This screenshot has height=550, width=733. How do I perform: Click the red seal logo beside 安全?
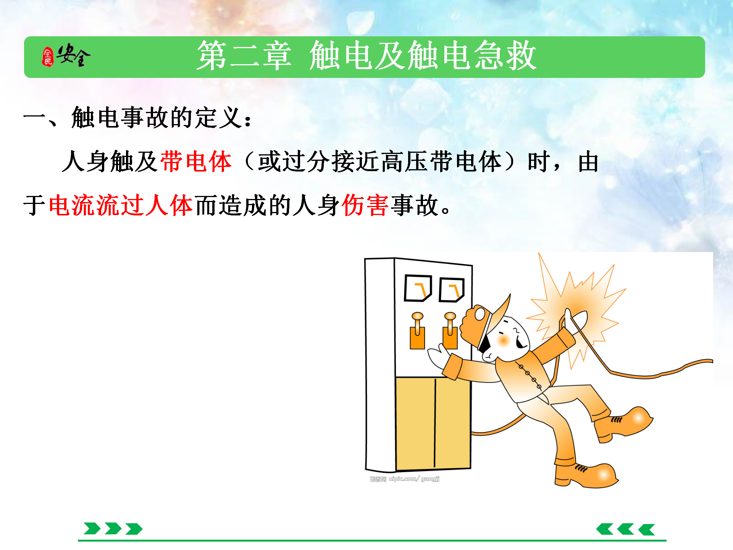pyautogui.click(x=47, y=57)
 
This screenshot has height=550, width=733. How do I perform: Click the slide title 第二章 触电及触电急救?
pyautogui.click(x=367, y=56)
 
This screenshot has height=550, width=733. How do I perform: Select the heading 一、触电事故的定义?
pyautogui.click(x=137, y=117)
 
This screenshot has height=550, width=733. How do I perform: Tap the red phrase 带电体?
pyautogui.click(x=196, y=161)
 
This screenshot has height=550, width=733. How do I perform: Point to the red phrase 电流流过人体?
pyautogui.click(x=121, y=205)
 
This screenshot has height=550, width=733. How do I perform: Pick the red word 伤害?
pyautogui.click(x=365, y=205)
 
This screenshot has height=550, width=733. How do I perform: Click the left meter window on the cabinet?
pyautogui.click(x=418, y=288)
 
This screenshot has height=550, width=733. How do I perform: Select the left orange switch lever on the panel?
pyautogui.click(x=417, y=331)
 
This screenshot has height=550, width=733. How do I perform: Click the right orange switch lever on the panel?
pyautogui.click(x=450, y=331)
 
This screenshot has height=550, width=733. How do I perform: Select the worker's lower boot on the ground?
pyautogui.click(x=586, y=475)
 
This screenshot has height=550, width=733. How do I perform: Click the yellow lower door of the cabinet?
pyautogui.click(x=433, y=423)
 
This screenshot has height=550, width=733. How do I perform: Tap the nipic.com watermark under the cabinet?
pyautogui.click(x=405, y=479)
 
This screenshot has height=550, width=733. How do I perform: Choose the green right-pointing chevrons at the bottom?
pyautogui.click(x=113, y=529)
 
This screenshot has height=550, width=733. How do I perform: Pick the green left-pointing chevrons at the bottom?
pyautogui.click(x=626, y=529)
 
